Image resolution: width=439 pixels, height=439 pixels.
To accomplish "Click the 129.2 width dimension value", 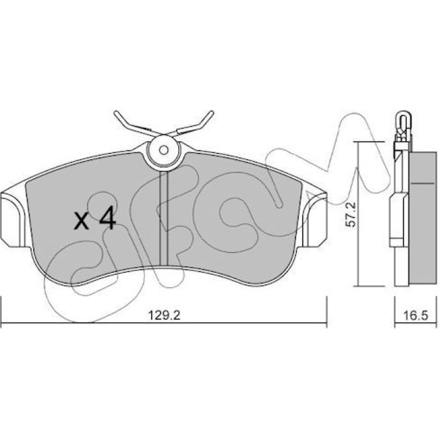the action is click(164, 315).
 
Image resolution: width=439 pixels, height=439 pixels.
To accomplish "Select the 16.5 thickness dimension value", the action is click(415, 316).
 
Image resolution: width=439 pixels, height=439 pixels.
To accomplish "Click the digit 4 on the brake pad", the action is click(108, 218).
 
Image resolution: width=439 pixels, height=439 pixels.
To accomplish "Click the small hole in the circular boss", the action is click(164, 151).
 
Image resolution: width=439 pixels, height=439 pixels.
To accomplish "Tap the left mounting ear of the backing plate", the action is click(14, 219).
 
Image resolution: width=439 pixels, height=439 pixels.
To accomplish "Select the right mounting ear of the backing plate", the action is click(314, 220).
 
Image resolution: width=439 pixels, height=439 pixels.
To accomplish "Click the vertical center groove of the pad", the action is click(163, 218).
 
